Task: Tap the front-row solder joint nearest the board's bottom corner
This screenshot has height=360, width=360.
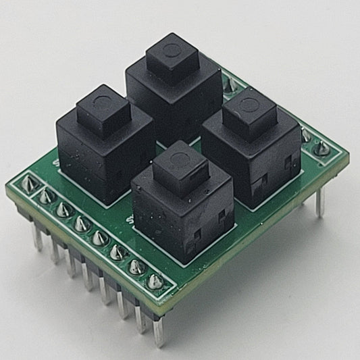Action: (155, 281)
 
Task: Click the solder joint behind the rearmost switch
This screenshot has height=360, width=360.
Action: (230, 84)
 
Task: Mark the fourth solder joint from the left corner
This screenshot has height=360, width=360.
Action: (81, 224)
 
